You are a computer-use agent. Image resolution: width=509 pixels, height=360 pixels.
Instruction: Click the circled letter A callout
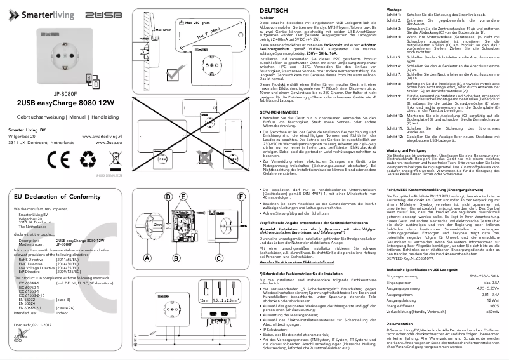[x=147, y=258]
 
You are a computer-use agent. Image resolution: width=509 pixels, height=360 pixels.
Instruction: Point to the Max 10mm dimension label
[x=163, y=30]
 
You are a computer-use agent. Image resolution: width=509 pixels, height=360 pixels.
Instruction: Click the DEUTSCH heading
[x=275, y=11]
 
